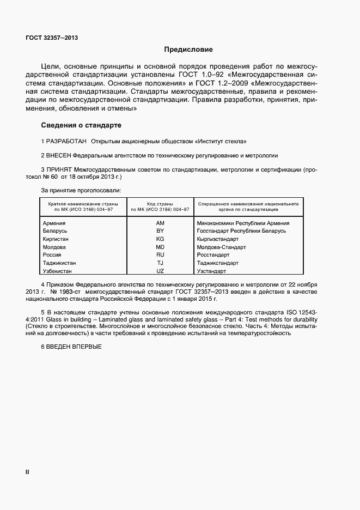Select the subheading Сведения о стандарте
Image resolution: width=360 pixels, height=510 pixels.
coord(77,125)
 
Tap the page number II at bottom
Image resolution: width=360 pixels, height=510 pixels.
coord(27,472)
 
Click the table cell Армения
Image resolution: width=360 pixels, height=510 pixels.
coord(54,223)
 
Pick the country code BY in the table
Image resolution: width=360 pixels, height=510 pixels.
coord(160,231)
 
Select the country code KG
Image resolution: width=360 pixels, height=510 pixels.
coord(160,239)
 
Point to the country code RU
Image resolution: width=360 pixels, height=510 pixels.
coord(160,254)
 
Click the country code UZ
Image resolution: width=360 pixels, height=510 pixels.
coord(160,271)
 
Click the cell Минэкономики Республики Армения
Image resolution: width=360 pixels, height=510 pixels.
coord(243,223)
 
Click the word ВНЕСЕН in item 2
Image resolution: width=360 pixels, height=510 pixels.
coord(59,155)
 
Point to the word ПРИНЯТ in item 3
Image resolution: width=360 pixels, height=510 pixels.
coord(59,170)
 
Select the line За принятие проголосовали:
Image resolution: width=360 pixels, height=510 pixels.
coord(81,190)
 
